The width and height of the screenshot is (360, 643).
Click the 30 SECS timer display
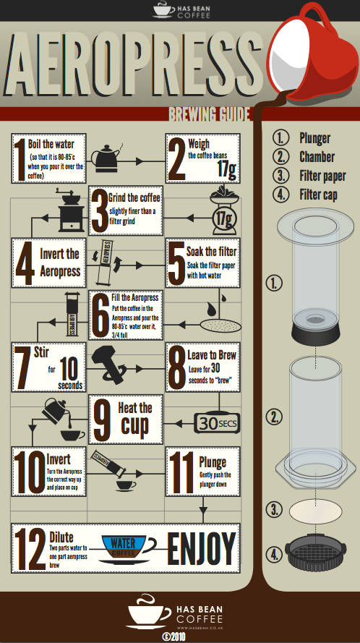coord(216,422)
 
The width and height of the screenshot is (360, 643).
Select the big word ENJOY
coord(202,549)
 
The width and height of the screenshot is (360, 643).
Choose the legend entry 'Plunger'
coord(314,138)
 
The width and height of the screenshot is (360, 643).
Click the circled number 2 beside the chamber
coord(274,417)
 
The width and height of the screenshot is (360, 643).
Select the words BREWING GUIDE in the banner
coord(209,114)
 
